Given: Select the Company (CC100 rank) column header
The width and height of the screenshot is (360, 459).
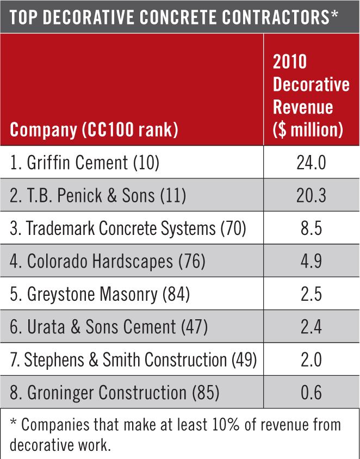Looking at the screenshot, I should (x=94, y=131).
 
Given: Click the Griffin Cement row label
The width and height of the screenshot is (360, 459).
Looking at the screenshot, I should (x=84, y=163).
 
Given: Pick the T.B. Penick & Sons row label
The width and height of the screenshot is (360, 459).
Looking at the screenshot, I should (x=98, y=196).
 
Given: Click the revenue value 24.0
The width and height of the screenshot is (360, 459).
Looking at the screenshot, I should (x=311, y=163).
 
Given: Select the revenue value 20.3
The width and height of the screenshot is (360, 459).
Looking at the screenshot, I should (x=311, y=196).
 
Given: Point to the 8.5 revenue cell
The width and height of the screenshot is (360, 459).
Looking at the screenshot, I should (x=311, y=228).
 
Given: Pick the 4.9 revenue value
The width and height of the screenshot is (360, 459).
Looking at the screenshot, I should (x=311, y=262).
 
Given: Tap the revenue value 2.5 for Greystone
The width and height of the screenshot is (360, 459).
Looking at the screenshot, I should (x=311, y=294).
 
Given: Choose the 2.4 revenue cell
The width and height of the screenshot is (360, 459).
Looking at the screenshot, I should (x=311, y=327).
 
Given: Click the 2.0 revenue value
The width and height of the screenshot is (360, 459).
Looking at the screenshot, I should (x=311, y=359).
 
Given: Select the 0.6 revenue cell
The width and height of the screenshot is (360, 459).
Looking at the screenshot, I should (x=311, y=392).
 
